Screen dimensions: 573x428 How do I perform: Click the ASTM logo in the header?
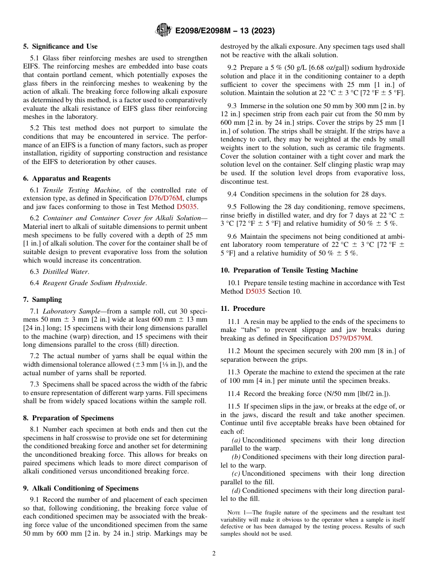tap(163, 31)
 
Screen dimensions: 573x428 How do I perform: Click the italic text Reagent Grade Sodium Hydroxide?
tap(94, 283)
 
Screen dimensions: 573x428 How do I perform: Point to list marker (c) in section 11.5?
tap(236, 473)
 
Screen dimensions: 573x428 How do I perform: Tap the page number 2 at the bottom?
tap(214, 554)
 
